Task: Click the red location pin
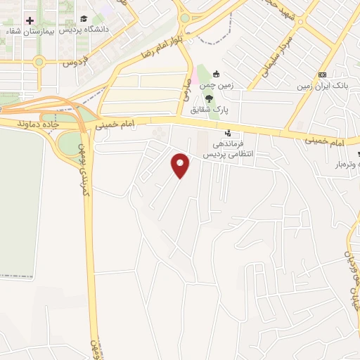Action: (x=181, y=165)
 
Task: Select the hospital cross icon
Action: (x=29, y=20)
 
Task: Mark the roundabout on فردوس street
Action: (x=39, y=62)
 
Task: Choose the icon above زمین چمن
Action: (x=216, y=74)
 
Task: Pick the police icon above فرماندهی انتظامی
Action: (x=227, y=132)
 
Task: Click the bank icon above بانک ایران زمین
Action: (x=322, y=75)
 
